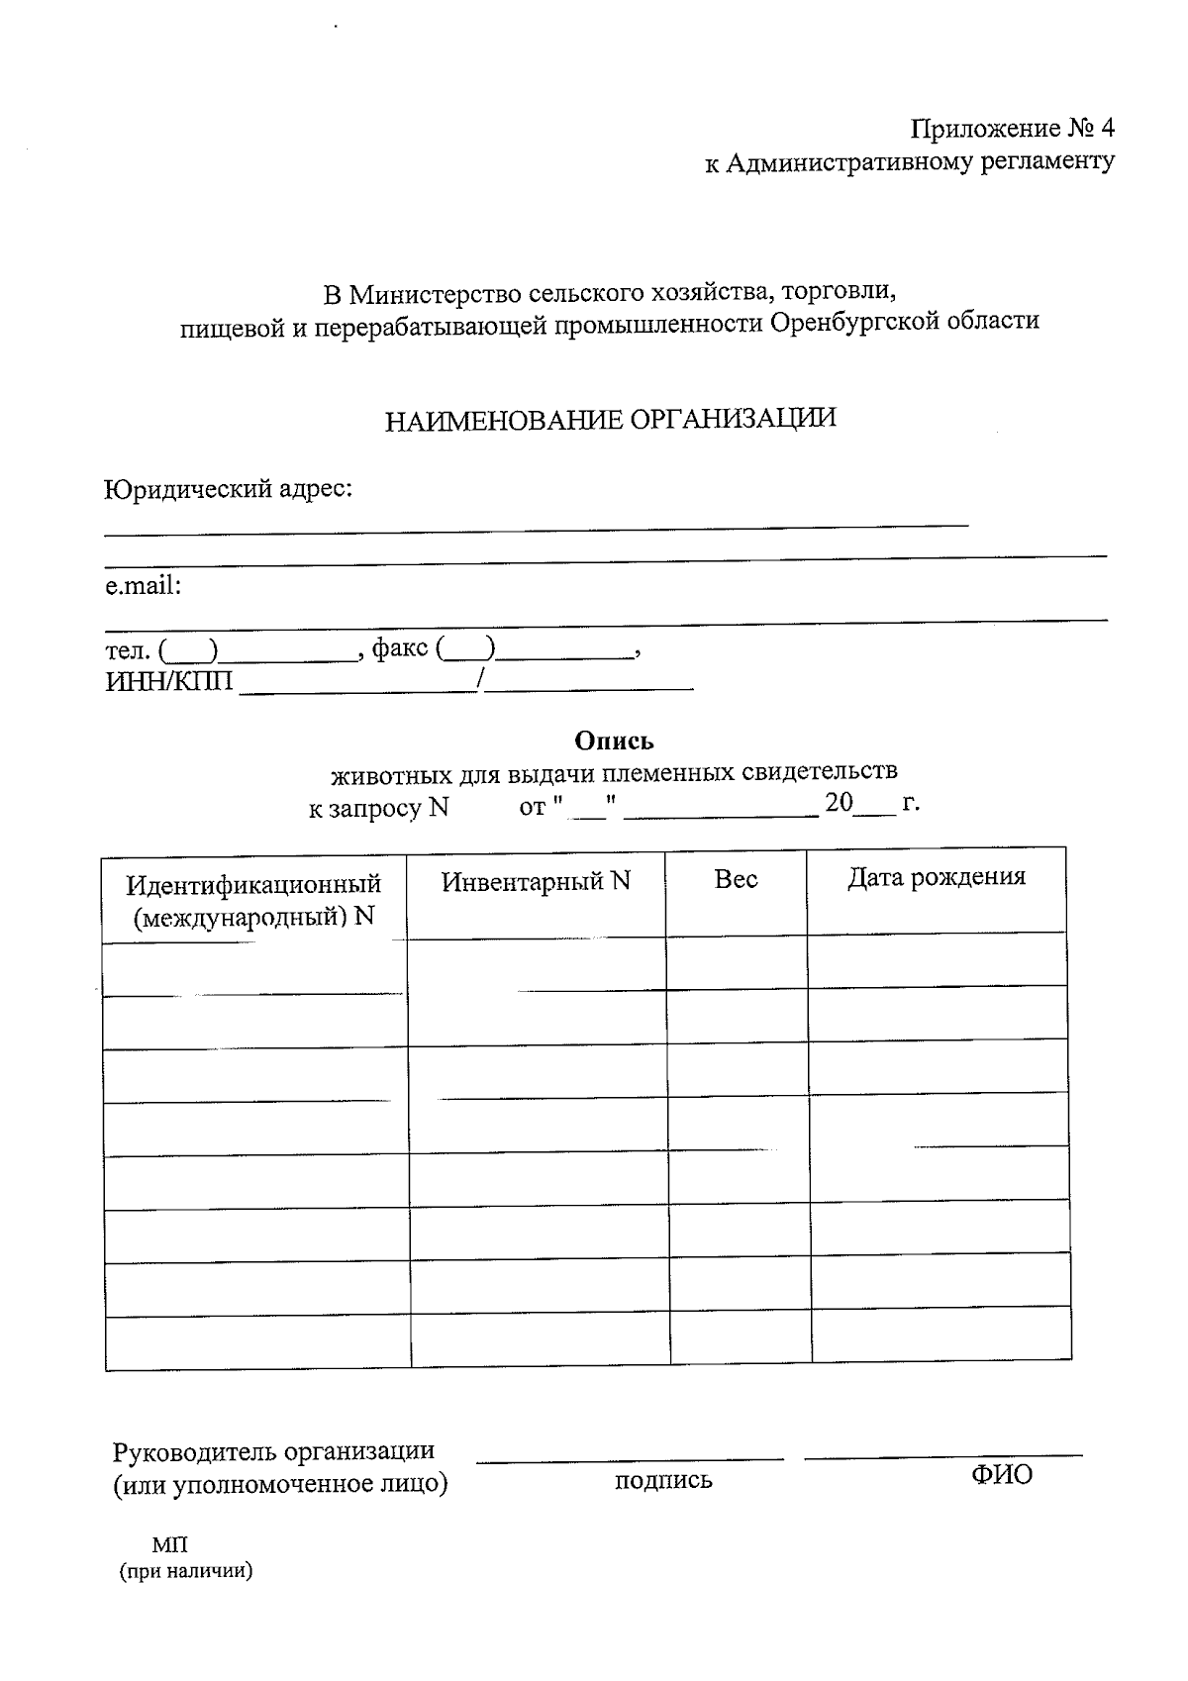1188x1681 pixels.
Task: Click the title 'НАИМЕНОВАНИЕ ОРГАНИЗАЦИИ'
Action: tap(610, 419)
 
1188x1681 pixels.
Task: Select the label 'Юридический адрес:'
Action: tap(229, 489)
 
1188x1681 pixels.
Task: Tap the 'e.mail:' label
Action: tap(144, 586)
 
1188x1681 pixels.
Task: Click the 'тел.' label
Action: tap(128, 650)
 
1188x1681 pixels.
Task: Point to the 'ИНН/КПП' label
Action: tap(169, 682)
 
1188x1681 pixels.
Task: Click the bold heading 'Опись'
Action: tap(614, 741)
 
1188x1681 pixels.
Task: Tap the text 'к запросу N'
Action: tap(378, 808)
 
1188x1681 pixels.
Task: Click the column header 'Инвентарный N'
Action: tap(536, 881)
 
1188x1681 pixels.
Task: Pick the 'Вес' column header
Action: tap(736, 879)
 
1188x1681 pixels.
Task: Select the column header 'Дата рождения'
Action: tap(936, 877)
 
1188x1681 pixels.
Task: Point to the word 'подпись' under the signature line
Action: tap(663, 1481)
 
